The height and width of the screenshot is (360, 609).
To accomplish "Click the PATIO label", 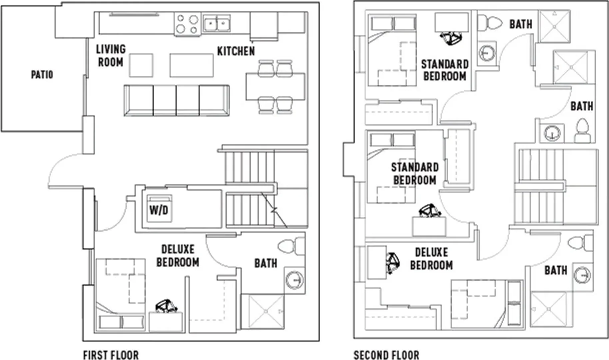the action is tap(42, 75).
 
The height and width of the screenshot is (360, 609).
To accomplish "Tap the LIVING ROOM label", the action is tap(111, 56).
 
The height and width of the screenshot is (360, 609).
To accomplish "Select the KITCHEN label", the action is tap(236, 51).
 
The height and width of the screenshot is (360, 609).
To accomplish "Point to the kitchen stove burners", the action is tap(187, 24).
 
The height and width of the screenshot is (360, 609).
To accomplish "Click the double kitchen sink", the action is tap(217, 24).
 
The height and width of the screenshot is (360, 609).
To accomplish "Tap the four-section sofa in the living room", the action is tap(176, 100).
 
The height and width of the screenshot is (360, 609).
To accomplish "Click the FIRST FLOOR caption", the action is tap(111, 355).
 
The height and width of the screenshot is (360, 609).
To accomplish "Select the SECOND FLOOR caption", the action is tap(386, 355).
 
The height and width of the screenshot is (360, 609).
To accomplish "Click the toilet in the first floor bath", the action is tap(291, 247).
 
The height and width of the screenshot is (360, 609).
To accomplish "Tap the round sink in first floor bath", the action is tap(294, 279).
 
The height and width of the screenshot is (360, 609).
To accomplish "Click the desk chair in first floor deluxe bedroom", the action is tap(166, 306).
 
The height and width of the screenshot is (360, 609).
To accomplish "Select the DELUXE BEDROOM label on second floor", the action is tap(431, 259).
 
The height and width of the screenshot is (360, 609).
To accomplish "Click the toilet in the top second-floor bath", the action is tap(490, 24).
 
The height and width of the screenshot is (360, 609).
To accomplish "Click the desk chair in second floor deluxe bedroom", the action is tap(393, 263).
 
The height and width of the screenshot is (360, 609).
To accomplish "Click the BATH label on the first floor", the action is tap(266, 263).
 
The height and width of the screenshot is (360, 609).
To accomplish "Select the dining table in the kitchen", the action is tap(275, 87).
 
